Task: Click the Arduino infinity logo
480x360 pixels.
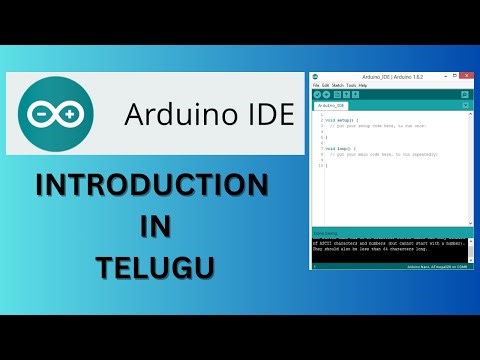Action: (55, 114)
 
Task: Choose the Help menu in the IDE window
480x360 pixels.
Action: (363, 85)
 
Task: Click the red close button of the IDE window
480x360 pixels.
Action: (465, 77)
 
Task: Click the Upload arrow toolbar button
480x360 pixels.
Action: (327, 94)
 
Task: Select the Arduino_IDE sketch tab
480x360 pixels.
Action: (330, 105)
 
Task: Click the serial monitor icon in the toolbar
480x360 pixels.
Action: (465, 94)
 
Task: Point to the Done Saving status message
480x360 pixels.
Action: (325, 233)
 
